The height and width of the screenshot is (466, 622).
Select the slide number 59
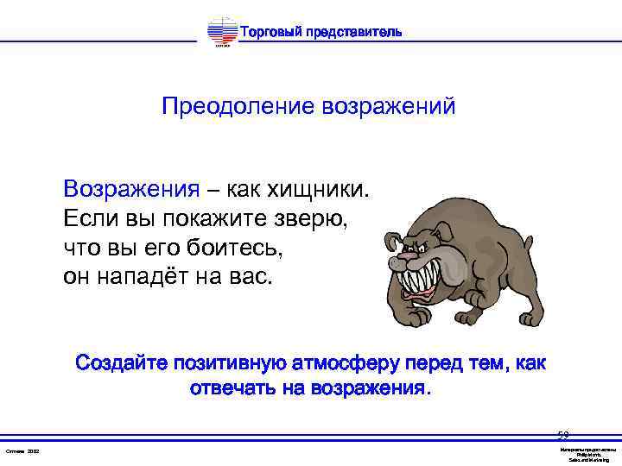click(x=563, y=436)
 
